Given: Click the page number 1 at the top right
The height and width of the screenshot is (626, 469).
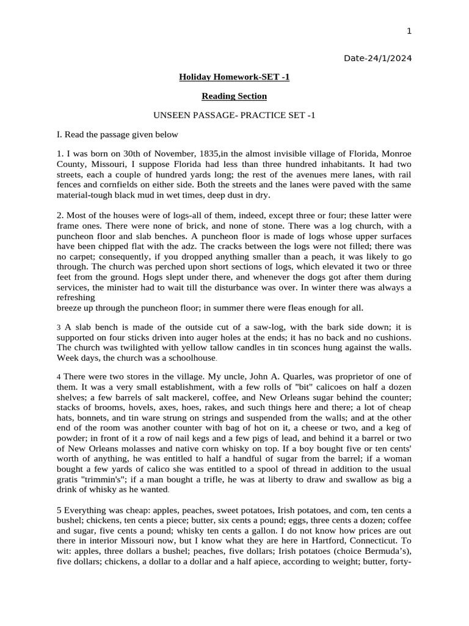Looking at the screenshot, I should tap(410, 31).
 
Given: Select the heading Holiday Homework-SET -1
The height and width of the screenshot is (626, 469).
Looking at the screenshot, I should tap(234, 77).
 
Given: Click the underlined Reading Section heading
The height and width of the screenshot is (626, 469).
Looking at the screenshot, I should tap(234, 96).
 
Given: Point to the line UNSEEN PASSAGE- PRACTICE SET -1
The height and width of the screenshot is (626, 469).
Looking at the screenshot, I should tap(234, 115).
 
